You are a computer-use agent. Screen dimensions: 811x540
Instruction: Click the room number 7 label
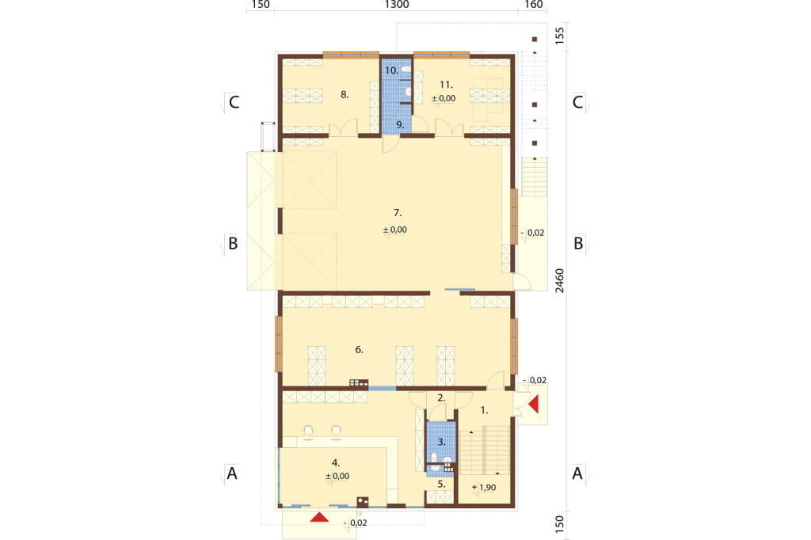coord(398,212)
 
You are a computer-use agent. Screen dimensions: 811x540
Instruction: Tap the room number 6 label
coord(359,350)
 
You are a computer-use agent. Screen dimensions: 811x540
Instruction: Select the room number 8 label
coord(345,95)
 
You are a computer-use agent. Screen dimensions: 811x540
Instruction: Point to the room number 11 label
coord(446,84)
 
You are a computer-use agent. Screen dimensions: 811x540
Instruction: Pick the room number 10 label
coord(391,70)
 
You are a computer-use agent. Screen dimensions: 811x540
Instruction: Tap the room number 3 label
coord(441,442)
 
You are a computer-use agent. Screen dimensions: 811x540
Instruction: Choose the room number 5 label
coord(441,484)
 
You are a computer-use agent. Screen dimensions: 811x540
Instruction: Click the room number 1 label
coord(484,410)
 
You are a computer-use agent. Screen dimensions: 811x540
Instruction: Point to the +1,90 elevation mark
coord(484,487)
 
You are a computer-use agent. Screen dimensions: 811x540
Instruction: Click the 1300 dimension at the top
coord(397,5)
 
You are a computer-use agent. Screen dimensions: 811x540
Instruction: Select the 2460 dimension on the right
coord(560,281)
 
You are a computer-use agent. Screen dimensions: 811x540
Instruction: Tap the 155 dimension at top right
coord(560,36)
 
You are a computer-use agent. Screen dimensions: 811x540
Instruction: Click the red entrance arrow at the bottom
coord(320,516)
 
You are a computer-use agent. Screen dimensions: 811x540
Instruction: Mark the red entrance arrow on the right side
coord(533,404)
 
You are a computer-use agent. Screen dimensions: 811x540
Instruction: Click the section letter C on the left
coord(234,102)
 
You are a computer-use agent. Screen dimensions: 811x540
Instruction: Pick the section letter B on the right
coord(578,243)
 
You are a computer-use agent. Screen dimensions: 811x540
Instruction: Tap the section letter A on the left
coord(232,473)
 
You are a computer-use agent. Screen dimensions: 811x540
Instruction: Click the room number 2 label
coord(440,397)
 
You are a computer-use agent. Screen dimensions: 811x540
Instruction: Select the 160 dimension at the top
coord(534,5)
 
